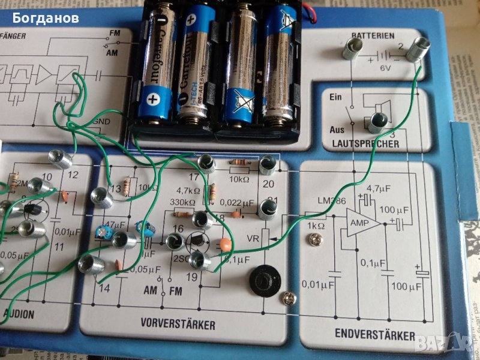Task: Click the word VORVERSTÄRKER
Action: (x=178, y=325)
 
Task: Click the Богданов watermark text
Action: (x=46, y=18)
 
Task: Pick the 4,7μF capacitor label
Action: (x=378, y=188)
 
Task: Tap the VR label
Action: (x=254, y=238)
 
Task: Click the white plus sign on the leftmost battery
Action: (x=153, y=98)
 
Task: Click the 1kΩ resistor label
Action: (x=316, y=226)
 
